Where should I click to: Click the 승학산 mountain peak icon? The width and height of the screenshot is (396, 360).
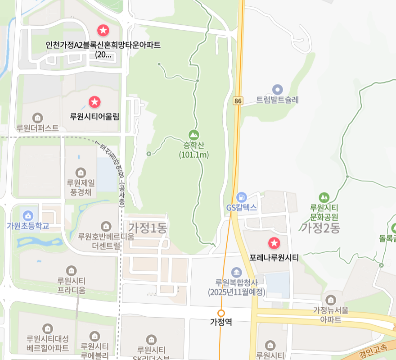pos(193,135)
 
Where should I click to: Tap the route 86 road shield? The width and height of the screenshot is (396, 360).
pos(238,101)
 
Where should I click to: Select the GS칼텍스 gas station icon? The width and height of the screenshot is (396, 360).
pos(242,197)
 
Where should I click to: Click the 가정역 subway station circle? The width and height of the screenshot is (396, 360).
pos(221,313)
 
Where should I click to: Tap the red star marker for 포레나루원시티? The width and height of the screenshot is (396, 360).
pos(274,244)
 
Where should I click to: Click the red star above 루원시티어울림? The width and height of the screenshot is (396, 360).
pos(94,102)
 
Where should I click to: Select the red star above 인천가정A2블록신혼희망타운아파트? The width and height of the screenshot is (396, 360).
pos(103,31)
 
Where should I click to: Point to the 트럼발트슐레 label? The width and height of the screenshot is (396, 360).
pos(277,100)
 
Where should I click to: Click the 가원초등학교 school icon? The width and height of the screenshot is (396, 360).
pos(28,215)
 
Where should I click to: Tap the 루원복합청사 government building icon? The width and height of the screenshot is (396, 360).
pos(236,272)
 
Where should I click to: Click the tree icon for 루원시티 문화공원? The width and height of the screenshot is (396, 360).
pos(324,197)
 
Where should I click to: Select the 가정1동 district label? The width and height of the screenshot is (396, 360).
pos(148,228)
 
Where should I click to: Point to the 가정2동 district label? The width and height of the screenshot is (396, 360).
pos(320,228)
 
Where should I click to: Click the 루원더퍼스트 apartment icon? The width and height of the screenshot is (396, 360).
pos(37,118)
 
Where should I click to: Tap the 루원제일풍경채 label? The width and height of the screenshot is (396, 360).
pos(81,187)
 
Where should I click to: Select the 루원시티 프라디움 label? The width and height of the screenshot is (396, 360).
pos(71,285)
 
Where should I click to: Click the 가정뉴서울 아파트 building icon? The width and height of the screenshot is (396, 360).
pos(331,300)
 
